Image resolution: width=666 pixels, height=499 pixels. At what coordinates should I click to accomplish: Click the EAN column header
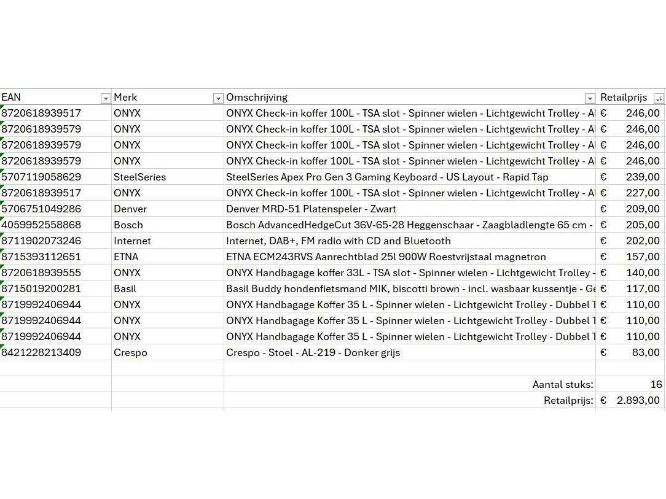coord(11,97)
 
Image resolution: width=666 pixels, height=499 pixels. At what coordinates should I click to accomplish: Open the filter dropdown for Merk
coord(217,98)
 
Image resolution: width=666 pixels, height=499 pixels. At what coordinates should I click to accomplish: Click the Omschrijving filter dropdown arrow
coord(590,98)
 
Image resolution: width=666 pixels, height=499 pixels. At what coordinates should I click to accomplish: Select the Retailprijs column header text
coord(623,97)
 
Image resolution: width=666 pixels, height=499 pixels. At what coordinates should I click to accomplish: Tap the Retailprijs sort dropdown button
coord(659,98)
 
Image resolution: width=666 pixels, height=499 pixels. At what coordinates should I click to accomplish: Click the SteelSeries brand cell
coord(139,177)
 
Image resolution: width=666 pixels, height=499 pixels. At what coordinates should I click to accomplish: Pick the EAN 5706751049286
coord(41,209)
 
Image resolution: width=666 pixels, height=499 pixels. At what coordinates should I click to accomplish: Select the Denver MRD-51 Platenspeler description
coord(311,209)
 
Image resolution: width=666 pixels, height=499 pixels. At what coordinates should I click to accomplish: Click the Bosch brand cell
coord(128,225)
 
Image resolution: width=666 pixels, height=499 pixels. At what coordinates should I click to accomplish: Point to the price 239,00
coord(643,177)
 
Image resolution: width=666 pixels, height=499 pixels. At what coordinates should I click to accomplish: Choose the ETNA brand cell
coord(126,257)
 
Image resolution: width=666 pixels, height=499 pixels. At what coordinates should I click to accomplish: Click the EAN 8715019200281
coord(41,288)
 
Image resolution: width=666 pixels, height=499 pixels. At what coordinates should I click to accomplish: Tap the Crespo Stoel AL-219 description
coord(313,352)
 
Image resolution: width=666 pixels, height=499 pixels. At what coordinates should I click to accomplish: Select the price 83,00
coord(646,352)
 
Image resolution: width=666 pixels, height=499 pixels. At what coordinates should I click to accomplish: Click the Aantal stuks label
coord(563,384)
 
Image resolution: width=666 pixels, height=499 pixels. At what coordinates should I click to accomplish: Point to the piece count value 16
coord(656,384)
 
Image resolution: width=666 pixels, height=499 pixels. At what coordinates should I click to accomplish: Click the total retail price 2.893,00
coord(638,400)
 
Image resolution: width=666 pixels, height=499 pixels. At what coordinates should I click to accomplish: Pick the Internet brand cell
coord(132,241)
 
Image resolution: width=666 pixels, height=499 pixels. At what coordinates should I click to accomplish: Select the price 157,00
coord(643,257)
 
